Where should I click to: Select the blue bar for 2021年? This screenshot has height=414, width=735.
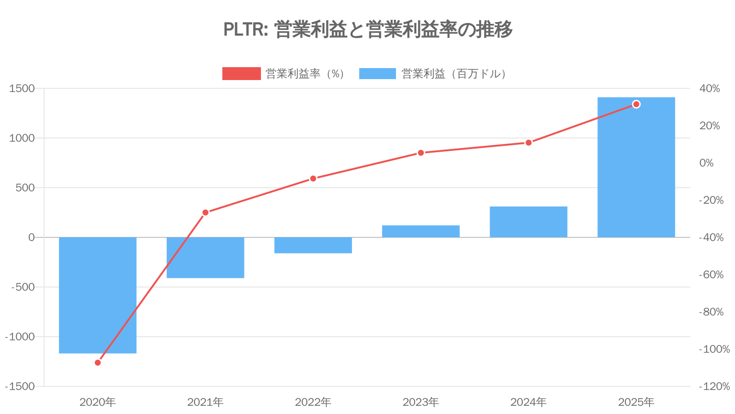(205, 258)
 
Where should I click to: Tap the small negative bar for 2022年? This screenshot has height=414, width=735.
(313, 245)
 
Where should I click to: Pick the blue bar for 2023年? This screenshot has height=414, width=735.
(421, 231)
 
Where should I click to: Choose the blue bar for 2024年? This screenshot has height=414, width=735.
(528, 222)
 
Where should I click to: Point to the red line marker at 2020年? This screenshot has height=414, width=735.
(97, 362)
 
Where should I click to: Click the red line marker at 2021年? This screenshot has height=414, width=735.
(205, 213)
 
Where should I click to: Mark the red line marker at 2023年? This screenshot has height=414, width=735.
(421, 153)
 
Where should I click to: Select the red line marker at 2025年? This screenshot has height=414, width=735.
(636, 104)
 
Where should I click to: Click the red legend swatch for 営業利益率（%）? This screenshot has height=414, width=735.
(241, 74)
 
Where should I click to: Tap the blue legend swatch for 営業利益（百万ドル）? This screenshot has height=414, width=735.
(377, 74)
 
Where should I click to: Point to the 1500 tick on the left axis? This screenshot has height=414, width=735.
(22, 88)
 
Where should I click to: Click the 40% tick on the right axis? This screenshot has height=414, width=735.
(709, 88)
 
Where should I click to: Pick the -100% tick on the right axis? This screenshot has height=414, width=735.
(714, 349)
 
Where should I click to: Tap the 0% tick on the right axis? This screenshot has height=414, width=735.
(707, 163)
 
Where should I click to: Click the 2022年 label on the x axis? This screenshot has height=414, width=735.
(313, 402)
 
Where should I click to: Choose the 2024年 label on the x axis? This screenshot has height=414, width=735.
(528, 402)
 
